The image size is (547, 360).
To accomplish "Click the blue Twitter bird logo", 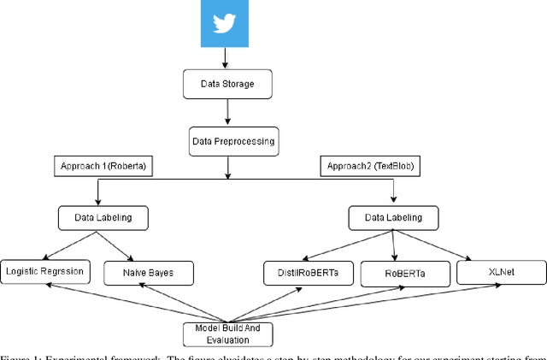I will click(x=224, y=24).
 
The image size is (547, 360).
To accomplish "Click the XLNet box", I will click(x=501, y=272).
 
